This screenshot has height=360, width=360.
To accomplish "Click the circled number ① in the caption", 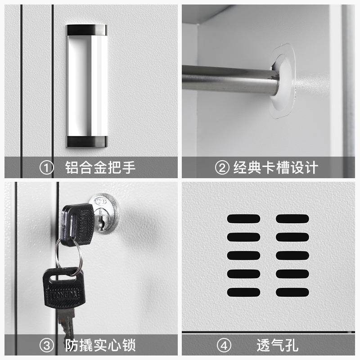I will coord(46,168).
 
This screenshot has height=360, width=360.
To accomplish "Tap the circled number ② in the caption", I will coord(222,168).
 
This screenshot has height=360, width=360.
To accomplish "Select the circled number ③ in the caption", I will coord(46,346).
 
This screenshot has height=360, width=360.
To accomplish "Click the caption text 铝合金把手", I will coord(100,168).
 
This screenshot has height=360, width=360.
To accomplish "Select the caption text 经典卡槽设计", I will coord(275,168).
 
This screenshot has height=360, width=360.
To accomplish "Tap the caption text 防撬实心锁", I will coord(100,346).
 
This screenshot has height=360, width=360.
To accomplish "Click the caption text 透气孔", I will coord(277,346).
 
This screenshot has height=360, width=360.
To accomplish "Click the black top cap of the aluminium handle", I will coord(87,30).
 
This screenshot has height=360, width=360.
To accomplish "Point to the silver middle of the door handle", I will coord(87,85).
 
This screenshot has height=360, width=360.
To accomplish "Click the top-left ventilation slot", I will coord(243,219).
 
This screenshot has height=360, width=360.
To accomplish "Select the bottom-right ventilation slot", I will coord(292,292).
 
